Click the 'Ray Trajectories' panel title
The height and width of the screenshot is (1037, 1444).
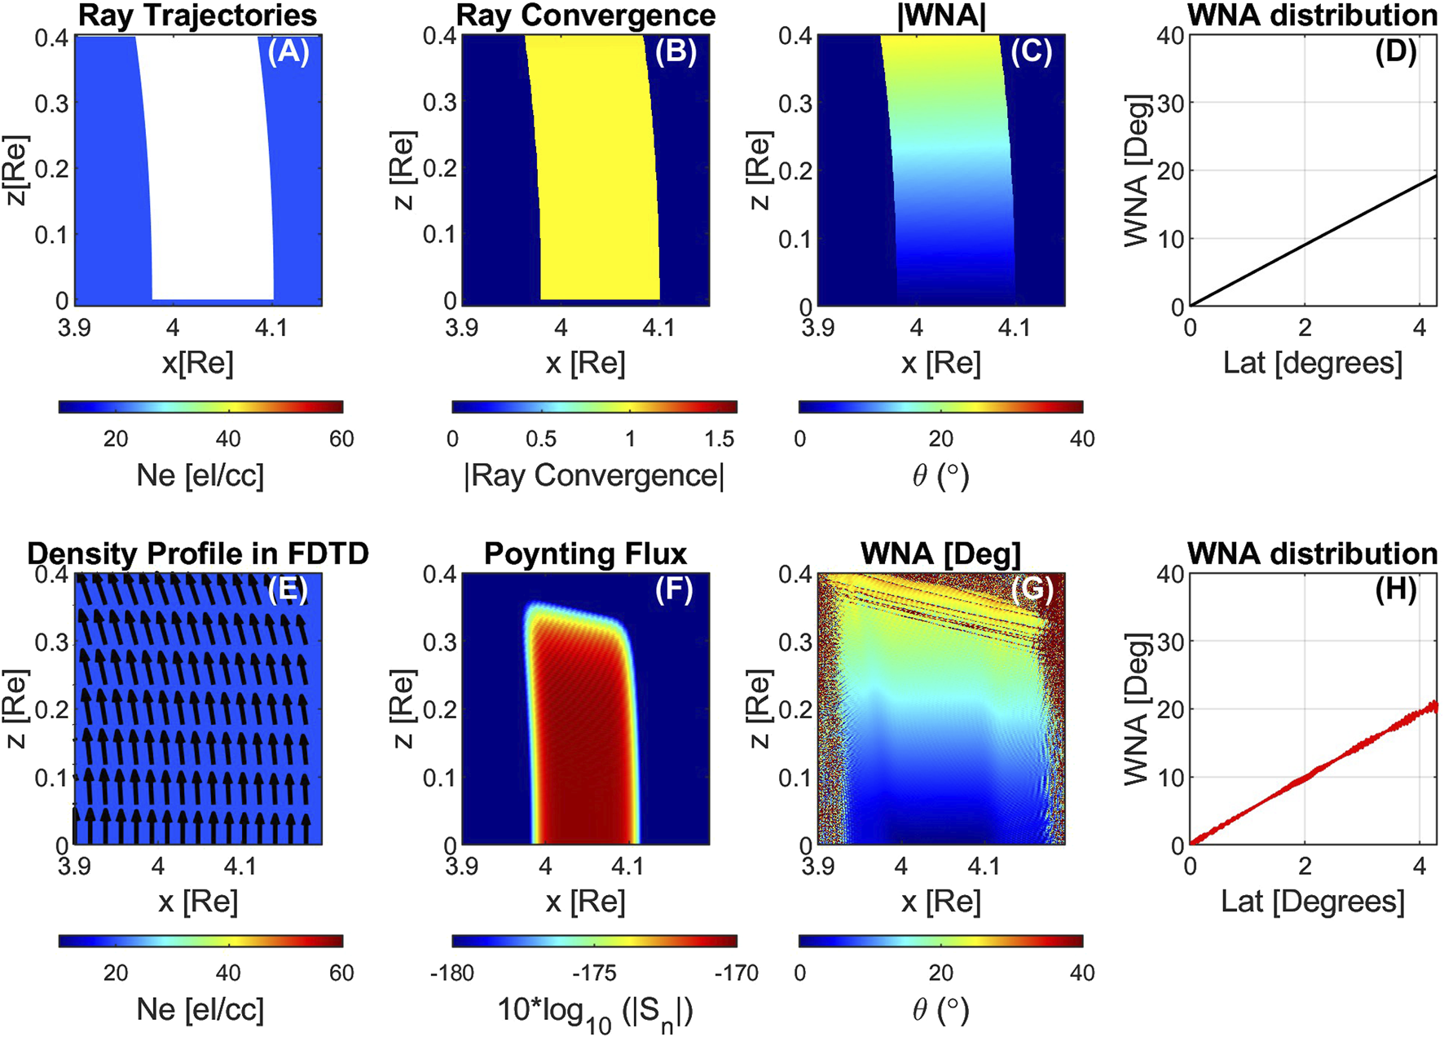tap(198, 15)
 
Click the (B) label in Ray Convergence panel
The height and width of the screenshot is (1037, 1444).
tap(676, 51)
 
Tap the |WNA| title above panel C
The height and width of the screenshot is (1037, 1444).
tap(941, 15)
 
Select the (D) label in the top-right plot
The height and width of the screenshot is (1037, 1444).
tap(1395, 51)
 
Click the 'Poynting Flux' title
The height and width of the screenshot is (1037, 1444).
tap(585, 554)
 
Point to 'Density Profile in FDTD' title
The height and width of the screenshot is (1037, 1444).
tap(198, 554)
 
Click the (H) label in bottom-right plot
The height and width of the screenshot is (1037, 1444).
tap(1395, 589)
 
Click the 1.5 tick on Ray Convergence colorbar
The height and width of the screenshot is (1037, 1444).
tap(719, 439)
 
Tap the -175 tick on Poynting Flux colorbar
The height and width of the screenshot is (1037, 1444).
tap(594, 973)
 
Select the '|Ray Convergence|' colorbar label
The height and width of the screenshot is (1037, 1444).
tap(594, 475)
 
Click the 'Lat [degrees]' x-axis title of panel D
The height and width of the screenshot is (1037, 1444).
tap(1313, 363)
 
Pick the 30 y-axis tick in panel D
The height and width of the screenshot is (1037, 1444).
tap(1172, 103)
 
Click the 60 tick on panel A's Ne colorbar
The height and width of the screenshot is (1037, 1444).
tap(341, 439)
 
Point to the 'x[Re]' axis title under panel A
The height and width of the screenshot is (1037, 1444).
tap(198, 363)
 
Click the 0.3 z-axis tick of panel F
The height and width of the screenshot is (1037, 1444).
tap(438, 642)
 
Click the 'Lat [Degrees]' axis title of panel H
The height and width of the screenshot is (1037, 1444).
tap(1313, 902)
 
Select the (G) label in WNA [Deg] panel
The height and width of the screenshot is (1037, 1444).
tap(1032, 589)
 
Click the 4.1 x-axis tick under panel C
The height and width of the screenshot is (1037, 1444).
tap(1014, 328)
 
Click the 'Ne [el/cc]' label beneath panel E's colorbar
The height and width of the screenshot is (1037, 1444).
tap(200, 1009)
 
